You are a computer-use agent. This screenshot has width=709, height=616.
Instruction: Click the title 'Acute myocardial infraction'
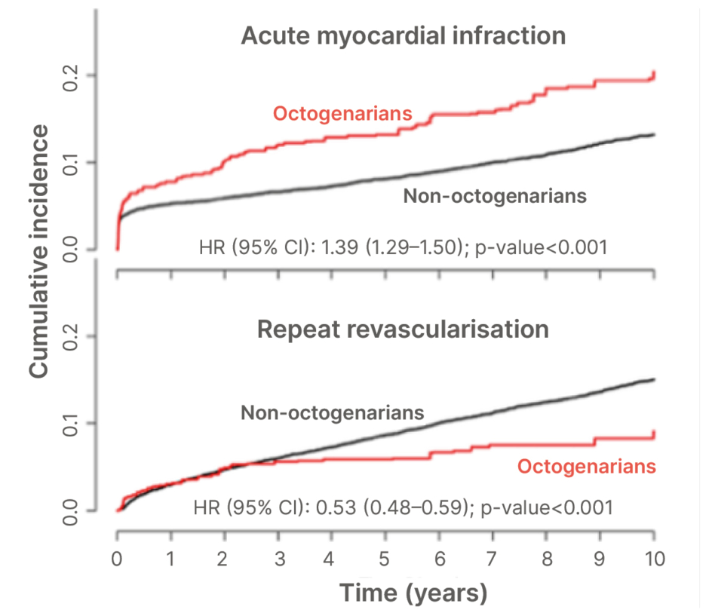tap(403, 35)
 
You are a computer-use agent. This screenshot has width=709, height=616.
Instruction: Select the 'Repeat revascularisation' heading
tap(403, 329)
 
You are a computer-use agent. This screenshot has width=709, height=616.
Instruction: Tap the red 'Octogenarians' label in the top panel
tap(342, 114)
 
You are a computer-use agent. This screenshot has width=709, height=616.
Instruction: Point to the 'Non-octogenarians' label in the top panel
tap(495, 196)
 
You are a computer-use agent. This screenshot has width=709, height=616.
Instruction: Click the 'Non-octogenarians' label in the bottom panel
tap(333, 412)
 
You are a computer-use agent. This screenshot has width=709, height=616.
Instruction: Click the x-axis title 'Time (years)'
tap(413, 593)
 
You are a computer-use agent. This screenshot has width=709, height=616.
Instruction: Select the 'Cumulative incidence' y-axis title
tap(40, 250)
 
